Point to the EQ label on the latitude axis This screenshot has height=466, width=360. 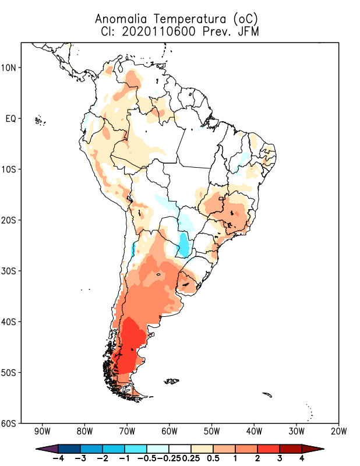tap(11, 118)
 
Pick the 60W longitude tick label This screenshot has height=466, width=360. tap(170, 432)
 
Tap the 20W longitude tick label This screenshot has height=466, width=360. tap(338, 432)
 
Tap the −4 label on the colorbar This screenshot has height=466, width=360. tap(57, 458)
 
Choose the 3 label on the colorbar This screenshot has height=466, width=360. tap(280, 458)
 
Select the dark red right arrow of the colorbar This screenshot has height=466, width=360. tap(313, 449)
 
